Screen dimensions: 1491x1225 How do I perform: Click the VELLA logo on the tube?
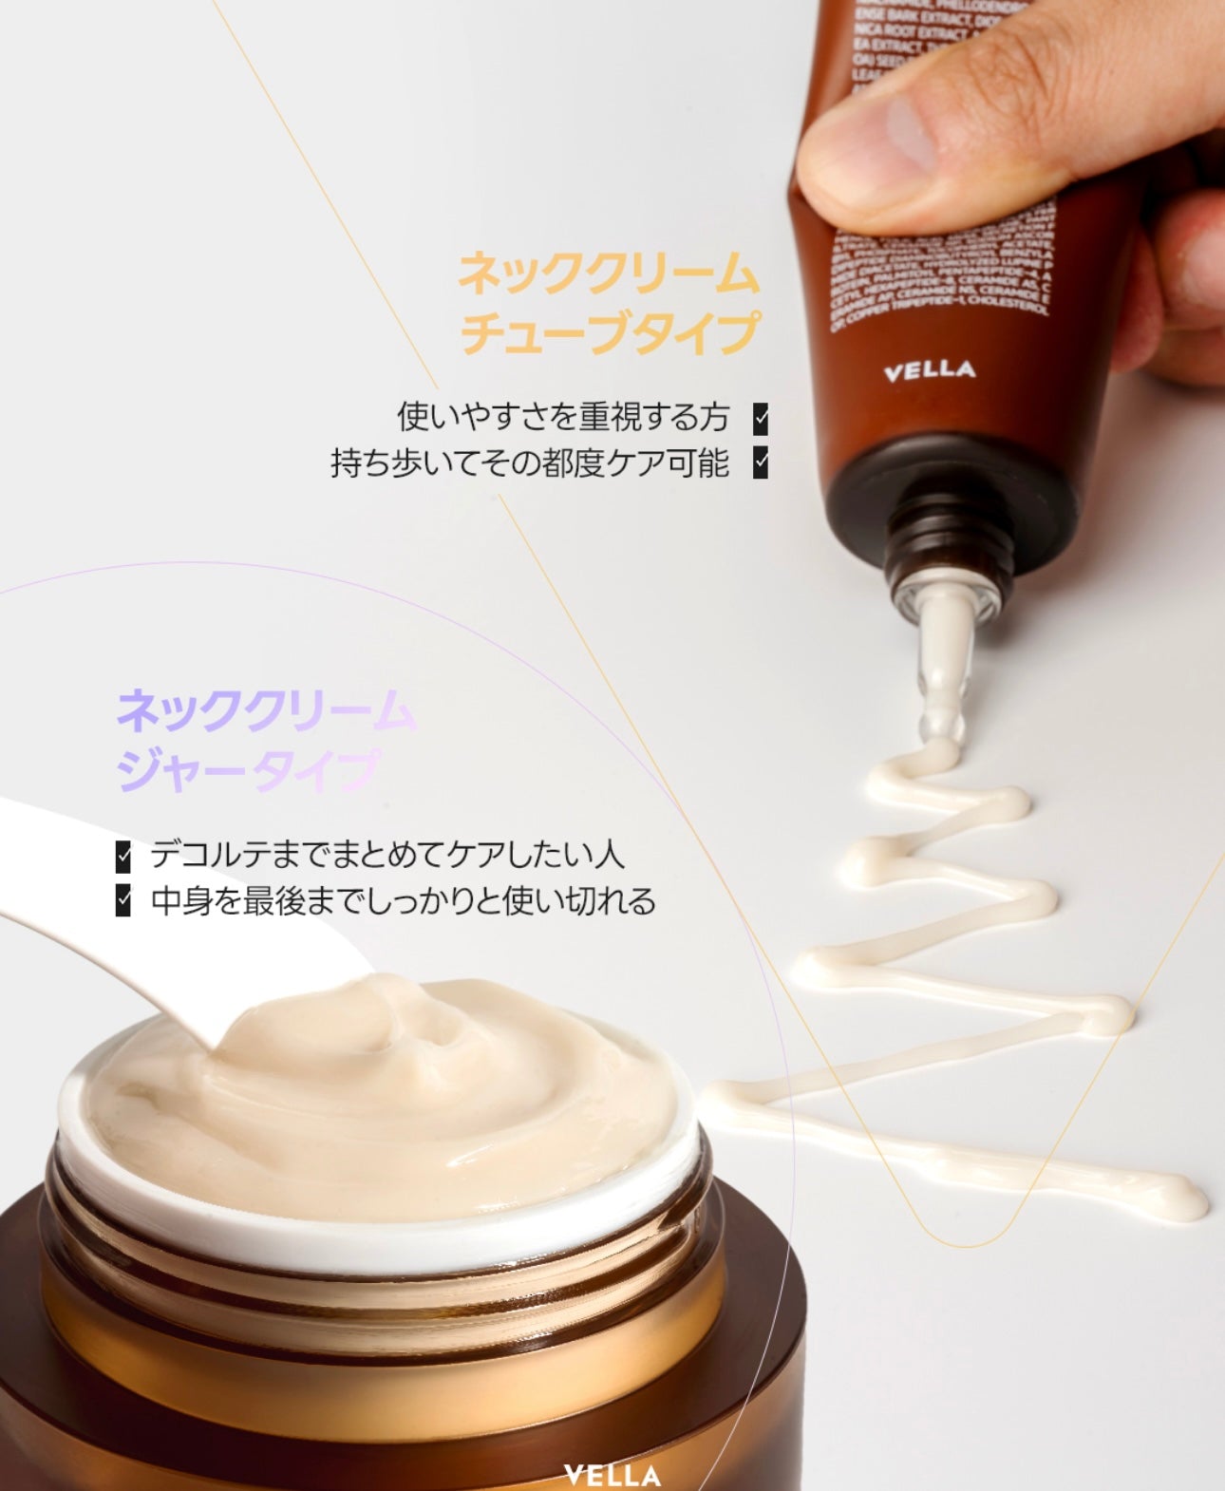[x=929, y=369]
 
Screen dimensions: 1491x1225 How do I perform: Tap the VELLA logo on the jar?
[x=612, y=1475]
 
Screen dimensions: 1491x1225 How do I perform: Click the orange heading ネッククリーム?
[x=609, y=274]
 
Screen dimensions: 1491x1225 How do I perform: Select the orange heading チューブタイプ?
[x=609, y=332]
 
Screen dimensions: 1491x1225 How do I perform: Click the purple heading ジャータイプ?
[x=248, y=770]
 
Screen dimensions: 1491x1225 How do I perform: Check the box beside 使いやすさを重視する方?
[x=760, y=418]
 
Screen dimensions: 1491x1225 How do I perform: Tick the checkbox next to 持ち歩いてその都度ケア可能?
[x=760, y=463]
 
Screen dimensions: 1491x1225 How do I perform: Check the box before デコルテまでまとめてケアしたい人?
[x=123, y=855]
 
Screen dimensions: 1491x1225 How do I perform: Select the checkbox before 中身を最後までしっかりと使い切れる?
[x=123, y=900]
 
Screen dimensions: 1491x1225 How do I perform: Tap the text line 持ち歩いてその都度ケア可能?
[x=530, y=463]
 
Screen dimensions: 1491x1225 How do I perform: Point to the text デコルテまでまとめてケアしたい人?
[x=387, y=855]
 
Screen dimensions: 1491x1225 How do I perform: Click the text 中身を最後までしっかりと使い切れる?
[x=403, y=900]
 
